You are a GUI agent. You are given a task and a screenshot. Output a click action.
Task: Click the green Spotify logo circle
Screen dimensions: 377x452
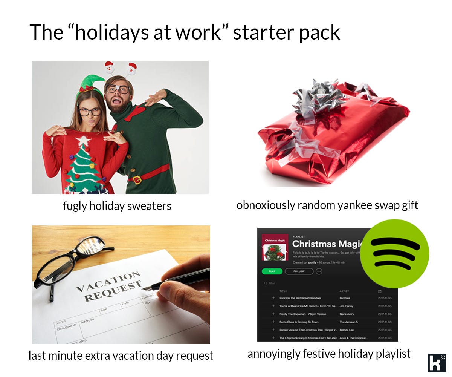pyautogui.click(x=394, y=253)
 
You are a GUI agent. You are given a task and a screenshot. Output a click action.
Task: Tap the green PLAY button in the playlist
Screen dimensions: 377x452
pyautogui.click(x=272, y=271)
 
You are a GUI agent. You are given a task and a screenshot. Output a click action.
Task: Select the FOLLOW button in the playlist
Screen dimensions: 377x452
pyautogui.click(x=299, y=271)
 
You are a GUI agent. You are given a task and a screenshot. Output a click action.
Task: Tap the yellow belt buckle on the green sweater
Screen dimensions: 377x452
pyautogui.click(x=137, y=180)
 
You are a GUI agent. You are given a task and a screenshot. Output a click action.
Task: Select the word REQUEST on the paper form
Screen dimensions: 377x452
pyautogui.click(x=113, y=292)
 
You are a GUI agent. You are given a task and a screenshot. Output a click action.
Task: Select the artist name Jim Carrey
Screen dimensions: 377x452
pyautogui.click(x=346, y=306)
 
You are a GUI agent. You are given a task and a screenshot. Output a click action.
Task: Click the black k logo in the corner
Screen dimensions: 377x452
pyautogui.click(x=437, y=362)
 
